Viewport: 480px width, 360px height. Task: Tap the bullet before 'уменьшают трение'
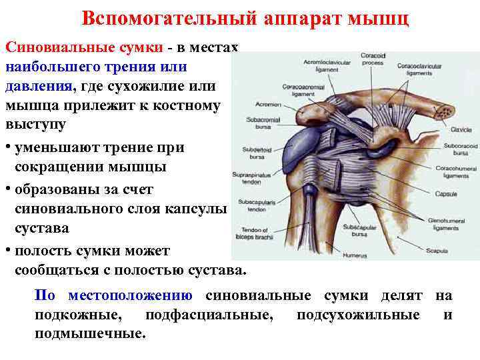tap(8, 147)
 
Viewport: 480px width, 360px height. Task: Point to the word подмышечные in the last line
tap(89, 333)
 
